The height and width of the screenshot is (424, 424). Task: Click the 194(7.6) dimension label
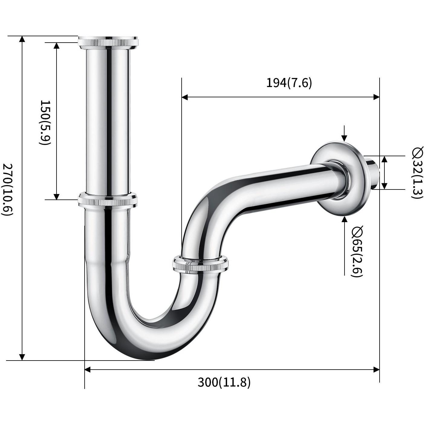point(289,83)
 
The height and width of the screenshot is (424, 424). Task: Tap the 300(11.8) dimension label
point(224,382)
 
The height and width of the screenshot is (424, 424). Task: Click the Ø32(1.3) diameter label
point(417,173)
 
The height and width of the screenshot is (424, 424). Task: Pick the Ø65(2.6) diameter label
point(357,251)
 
